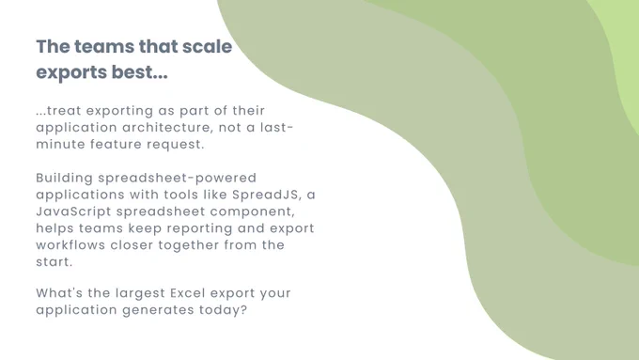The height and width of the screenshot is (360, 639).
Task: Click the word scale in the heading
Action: (x=207, y=46)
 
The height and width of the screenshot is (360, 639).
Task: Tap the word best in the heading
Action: (x=139, y=72)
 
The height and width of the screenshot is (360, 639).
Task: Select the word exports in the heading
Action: (x=70, y=73)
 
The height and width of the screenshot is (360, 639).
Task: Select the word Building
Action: (x=65, y=179)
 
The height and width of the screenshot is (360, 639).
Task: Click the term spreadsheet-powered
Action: (x=178, y=179)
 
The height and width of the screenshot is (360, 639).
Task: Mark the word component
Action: (x=252, y=211)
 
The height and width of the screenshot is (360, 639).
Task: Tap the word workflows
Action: (x=70, y=245)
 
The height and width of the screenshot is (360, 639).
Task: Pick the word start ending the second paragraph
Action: (x=54, y=261)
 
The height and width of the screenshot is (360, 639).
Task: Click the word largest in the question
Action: (x=140, y=293)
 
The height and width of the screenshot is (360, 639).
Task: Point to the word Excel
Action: (x=187, y=292)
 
